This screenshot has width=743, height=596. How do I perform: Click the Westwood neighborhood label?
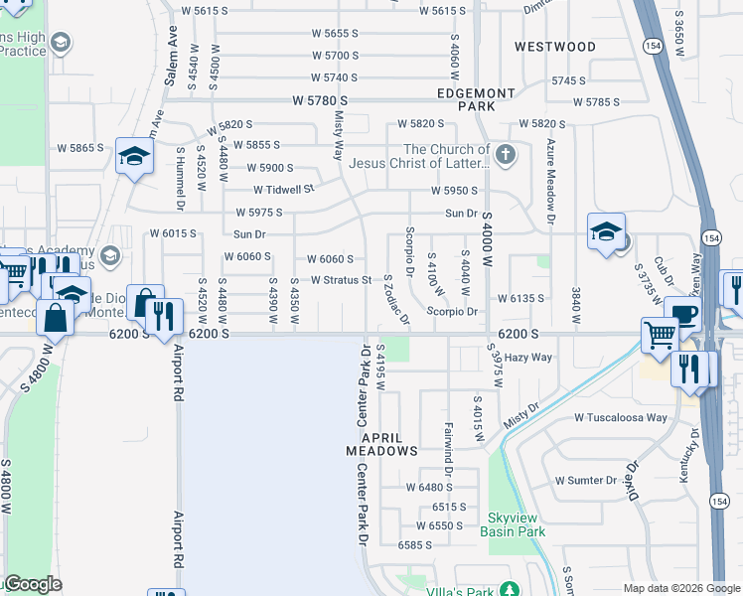(555, 47)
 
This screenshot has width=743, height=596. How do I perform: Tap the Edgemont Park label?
(476, 98)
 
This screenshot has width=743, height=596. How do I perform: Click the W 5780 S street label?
(320, 101)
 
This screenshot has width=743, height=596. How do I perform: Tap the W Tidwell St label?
(283, 189)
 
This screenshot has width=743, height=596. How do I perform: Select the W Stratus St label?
(341, 281)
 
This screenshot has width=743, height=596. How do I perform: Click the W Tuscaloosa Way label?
(621, 417)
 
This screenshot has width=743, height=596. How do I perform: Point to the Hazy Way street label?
(528, 357)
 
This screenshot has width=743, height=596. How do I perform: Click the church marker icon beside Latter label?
(506, 155)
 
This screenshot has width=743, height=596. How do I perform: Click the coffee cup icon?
(682, 314)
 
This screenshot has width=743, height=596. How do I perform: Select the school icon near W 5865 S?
(133, 156)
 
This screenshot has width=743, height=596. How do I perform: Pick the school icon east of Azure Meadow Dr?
(605, 231)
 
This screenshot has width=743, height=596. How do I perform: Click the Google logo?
(33, 584)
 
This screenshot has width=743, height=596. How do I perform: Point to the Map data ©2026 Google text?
(680, 588)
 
